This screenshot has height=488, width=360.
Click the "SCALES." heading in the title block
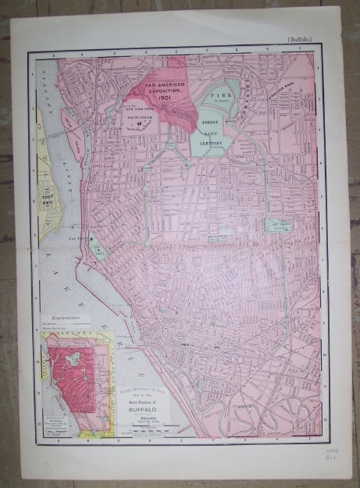pyautogui.click(x=138, y=419)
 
